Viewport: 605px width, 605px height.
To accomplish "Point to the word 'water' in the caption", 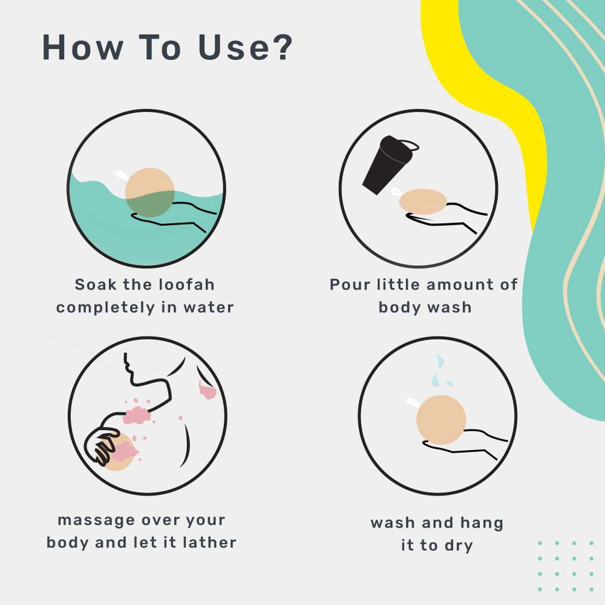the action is tap(209, 307).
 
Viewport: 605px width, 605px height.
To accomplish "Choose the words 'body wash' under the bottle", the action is tap(425, 307).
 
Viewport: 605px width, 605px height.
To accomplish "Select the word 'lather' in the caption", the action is tap(210, 542).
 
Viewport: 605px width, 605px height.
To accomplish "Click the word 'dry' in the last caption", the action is tap(458, 546).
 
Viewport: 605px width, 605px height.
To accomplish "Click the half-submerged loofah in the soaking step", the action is tap(150, 192).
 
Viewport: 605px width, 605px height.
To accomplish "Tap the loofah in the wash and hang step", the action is tap(441, 420).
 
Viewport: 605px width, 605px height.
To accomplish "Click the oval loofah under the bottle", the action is tap(423, 202).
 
